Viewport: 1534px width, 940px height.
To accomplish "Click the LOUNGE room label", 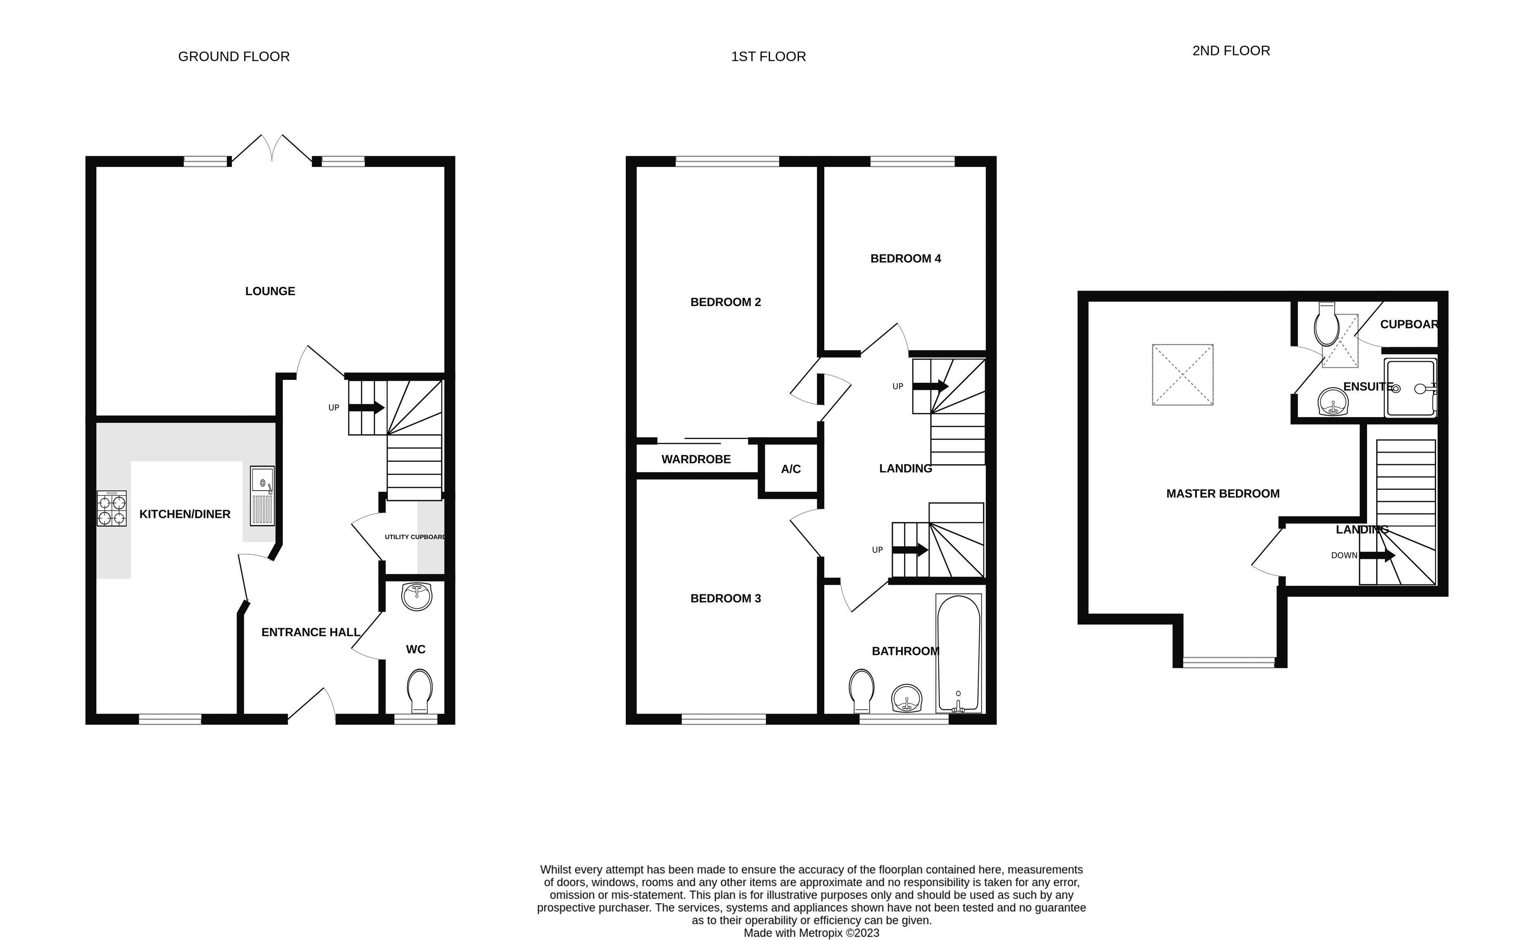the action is [270, 291].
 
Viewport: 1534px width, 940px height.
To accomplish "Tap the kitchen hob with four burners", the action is [112, 508].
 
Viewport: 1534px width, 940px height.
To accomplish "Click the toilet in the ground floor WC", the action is [420, 691].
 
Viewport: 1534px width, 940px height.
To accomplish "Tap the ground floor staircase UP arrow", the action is [366, 408].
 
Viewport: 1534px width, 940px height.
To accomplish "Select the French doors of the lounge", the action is [272, 149].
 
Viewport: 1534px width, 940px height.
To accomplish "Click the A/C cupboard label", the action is [791, 469].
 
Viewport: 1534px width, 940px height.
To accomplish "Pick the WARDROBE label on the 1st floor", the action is [696, 459].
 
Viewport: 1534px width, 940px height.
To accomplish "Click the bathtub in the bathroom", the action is [959, 653].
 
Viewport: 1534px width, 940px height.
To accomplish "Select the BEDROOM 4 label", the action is [906, 258].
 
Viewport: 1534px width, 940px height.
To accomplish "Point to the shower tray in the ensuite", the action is [1410, 387].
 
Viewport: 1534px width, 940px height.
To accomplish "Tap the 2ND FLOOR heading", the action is [1231, 51].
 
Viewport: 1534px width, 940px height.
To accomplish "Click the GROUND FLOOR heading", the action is [234, 57].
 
